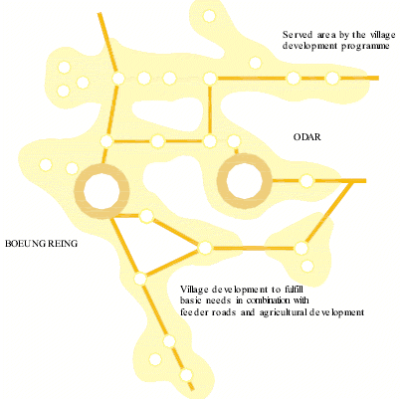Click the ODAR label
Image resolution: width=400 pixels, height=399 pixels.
[x=306, y=137]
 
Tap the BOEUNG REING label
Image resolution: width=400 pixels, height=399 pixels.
[x=41, y=244]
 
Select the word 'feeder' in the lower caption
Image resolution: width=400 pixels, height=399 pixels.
[x=191, y=312]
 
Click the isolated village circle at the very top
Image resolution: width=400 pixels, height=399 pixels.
[x=209, y=16]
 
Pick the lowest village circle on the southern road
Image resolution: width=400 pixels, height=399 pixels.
[x=186, y=375]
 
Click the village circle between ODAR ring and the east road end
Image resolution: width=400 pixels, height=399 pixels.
[x=306, y=181]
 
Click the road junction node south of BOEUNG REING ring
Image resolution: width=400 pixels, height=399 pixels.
[x=140, y=279]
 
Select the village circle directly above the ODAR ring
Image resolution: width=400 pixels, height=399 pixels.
[x=234, y=141]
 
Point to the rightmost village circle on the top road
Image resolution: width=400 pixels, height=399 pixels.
[x=332, y=79]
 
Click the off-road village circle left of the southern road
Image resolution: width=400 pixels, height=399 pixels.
[x=155, y=359]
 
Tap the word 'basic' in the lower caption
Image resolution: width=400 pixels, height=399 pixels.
[x=190, y=300]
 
